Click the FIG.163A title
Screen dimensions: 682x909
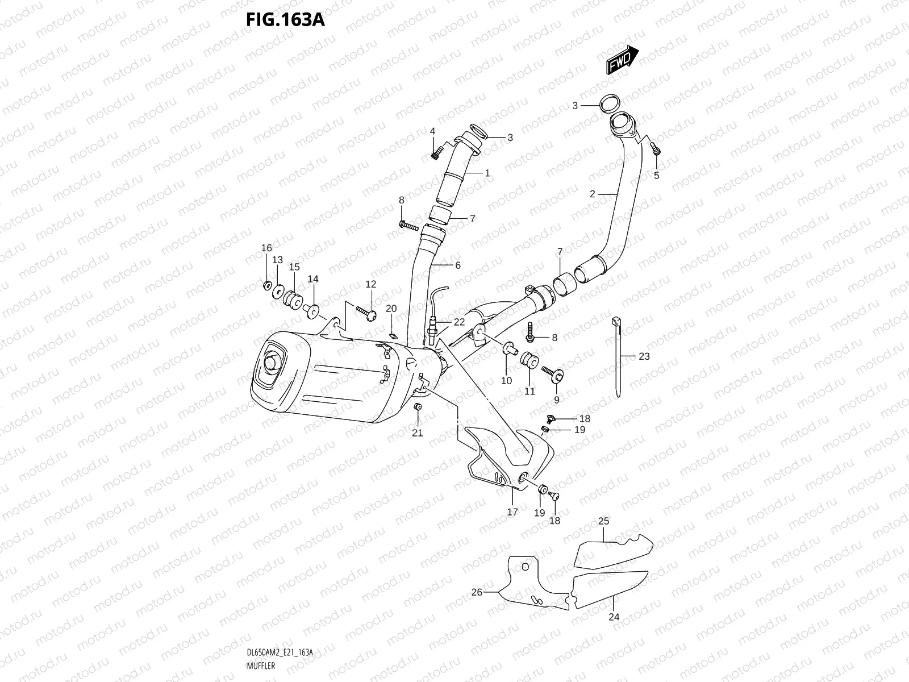coord(285,19)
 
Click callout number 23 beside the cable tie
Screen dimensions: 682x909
coord(644,356)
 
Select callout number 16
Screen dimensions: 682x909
coord(266,248)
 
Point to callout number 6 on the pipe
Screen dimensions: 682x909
coord(457,265)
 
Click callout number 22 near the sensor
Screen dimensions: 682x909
coord(459,322)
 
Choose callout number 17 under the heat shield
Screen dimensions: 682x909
coord(512,512)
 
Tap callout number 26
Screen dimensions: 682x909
coord(477,592)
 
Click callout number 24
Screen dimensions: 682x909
coord(614,617)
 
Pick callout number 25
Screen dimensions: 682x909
coord(603,521)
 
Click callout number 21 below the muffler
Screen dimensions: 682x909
coord(418,433)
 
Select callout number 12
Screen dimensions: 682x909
coord(371,284)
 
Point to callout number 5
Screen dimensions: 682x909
coord(657,176)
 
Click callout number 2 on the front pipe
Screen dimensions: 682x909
coord(592,194)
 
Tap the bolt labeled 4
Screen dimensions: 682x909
coord(436,152)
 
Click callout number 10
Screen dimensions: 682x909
coord(506,381)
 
